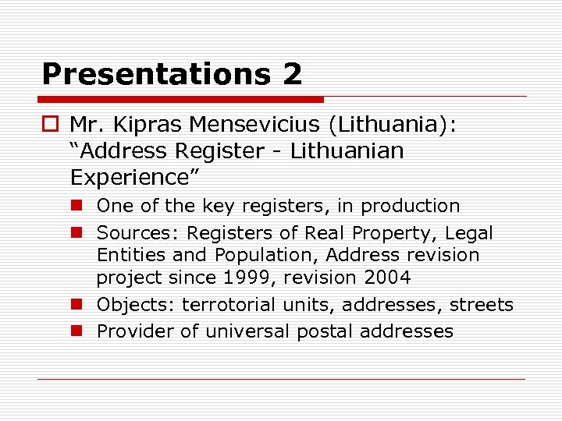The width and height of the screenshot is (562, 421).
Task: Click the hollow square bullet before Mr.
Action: pos(52,124)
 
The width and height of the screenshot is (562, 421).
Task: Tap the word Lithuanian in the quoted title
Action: pos(347,150)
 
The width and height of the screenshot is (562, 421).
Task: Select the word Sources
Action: pos(138,232)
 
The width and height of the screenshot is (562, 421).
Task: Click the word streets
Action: pos(482,305)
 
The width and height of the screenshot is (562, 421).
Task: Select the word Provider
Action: pos(135,331)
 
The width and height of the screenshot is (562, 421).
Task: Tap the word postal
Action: pos(325,331)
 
